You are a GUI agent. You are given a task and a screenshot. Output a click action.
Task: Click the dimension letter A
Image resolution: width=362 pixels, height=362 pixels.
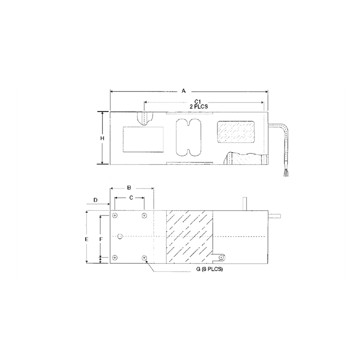tap(184, 91)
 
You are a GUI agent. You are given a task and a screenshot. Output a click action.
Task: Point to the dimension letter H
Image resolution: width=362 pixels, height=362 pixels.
tap(103, 138)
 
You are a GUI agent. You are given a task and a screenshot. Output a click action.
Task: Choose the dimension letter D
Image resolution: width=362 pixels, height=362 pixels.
tap(96, 200)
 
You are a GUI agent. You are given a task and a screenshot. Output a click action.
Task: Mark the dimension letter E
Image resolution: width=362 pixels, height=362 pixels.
tap(86, 239)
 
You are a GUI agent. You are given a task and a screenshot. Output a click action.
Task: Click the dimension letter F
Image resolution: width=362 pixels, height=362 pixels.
tap(102, 239)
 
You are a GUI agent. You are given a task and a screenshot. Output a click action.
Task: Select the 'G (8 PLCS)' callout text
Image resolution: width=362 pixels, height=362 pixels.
tap(209, 270)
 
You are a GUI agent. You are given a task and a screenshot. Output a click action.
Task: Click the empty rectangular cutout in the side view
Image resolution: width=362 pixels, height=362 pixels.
tap(143, 139)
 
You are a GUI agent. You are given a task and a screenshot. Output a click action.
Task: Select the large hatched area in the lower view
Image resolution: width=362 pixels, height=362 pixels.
tap(189, 237)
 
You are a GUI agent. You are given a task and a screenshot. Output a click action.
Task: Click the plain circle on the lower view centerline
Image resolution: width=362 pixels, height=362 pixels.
tap(120, 236)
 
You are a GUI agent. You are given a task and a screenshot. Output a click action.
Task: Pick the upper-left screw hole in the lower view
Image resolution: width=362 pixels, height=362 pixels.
tap(115, 215)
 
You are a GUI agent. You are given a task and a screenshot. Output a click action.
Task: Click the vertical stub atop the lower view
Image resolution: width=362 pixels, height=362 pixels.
tap(245, 204)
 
